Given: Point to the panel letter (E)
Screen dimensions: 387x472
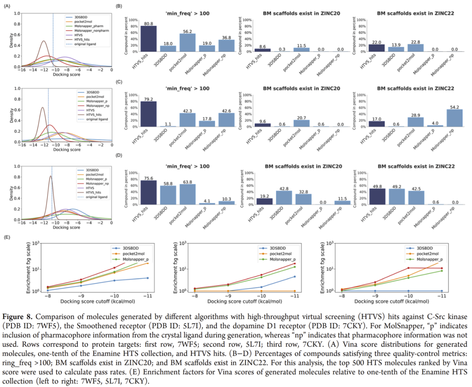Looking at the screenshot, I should (x=7, y=237).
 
